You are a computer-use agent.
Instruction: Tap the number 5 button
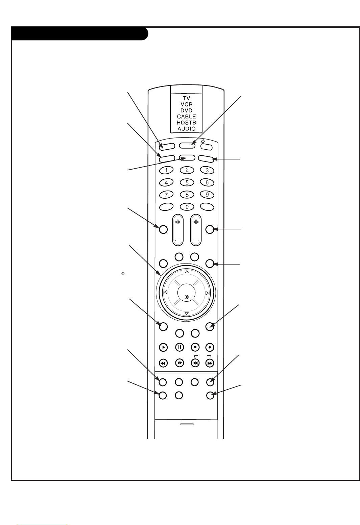point(187,182)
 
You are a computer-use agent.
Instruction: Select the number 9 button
point(207,195)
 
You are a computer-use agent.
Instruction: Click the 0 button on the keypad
point(187,207)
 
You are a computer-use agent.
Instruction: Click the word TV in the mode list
point(187,98)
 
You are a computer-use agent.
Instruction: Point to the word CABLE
point(187,117)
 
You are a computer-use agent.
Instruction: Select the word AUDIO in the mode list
point(187,129)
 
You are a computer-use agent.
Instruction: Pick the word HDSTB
point(187,123)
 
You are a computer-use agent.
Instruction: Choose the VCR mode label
point(187,104)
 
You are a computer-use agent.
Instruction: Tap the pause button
point(179,347)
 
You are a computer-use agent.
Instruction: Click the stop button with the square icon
point(195,347)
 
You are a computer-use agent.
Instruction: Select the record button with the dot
point(210,347)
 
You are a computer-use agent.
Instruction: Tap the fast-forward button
point(179,363)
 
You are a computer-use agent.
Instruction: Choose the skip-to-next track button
point(210,363)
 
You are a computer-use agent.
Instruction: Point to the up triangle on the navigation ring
point(187,272)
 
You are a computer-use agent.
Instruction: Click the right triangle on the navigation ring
point(207,293)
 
